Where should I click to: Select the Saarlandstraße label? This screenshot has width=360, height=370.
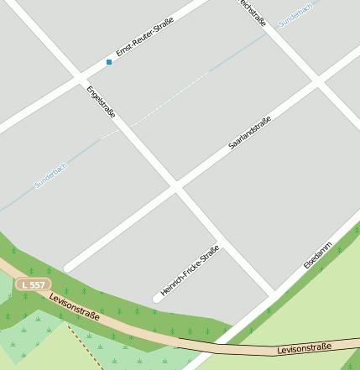pos(249,133)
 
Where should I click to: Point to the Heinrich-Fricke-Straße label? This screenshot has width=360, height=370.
pos(190,273)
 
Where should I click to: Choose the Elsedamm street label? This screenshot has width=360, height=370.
pos(318,255)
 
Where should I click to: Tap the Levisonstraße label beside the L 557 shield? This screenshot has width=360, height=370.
pos(74,306)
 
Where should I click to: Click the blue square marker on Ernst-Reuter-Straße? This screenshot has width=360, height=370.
pos(108,62)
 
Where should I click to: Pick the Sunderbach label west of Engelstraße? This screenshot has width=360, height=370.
pos(50,174)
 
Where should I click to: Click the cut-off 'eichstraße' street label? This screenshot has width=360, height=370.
pos(253,13)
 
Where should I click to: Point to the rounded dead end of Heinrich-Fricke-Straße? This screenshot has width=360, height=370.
pos(157,297)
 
